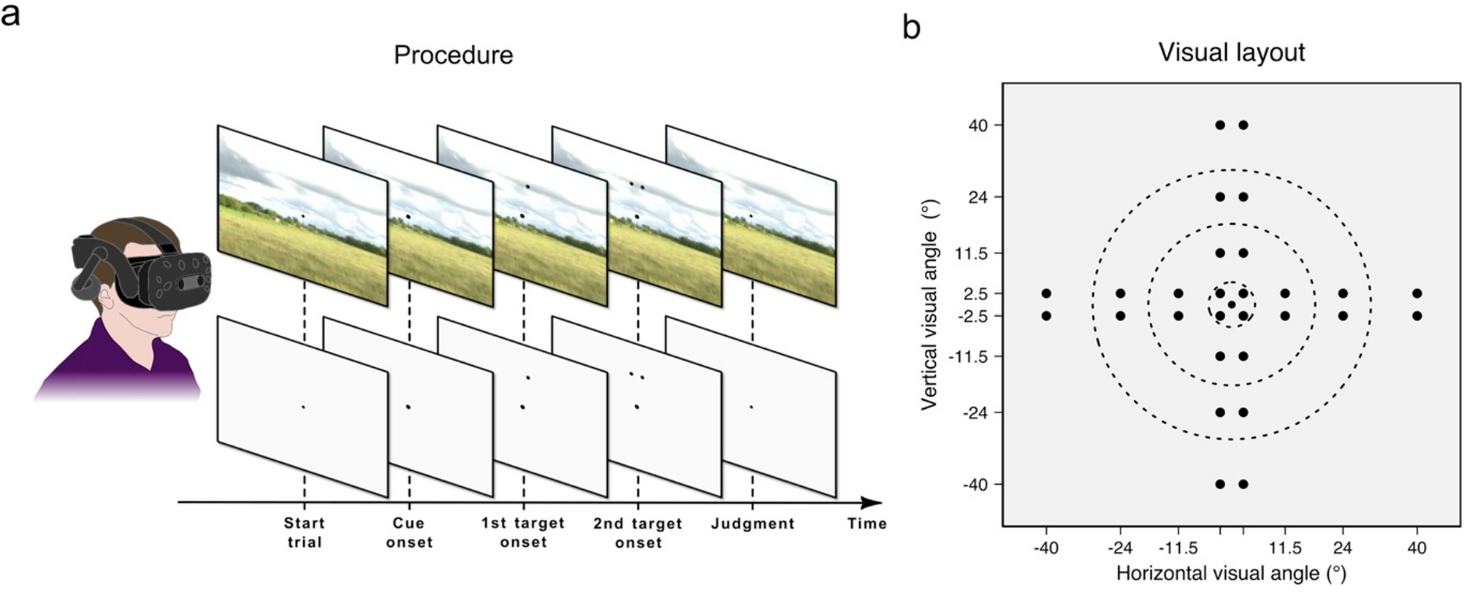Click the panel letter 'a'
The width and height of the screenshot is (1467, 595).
pyautogui.click(x=10, y=15)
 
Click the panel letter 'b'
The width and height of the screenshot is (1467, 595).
pyautogui.click(x=911, y=28)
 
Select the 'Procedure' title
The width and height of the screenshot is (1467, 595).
pyautogui.click(x=453, y=55)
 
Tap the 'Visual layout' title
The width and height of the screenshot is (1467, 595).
pyautogui.click(x=1231, y=53)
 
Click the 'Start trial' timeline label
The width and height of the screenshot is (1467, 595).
pyautogui.click(x=304, y=532)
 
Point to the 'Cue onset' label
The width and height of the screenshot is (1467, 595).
pyautogui.click(x=409, y=532)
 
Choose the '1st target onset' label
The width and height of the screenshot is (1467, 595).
pyautogui.click(x=523, y=532)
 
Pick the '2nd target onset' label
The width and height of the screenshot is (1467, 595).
pyautogui.click(x=638, y=533)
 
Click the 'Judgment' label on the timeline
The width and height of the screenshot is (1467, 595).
pyautogui.click(x=752, y=523)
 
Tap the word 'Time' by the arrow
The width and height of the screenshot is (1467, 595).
pyautogui.click(x=867, y=523)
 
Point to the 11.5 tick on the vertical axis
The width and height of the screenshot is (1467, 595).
pyautogui.click(x=972, y=253)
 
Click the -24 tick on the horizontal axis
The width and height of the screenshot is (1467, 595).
pyautogui.click(x=1120, y=548)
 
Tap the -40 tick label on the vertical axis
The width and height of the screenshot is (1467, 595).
pyautogui.click(x=975, y=485)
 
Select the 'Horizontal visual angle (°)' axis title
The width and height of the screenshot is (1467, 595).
pyautogui.click(x=1231, y=574)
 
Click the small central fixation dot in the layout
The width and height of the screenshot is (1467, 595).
pyautogui.click(x=1232, y=304)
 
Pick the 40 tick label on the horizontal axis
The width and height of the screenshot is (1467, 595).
pyautogui.click(x=1417, y=548)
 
